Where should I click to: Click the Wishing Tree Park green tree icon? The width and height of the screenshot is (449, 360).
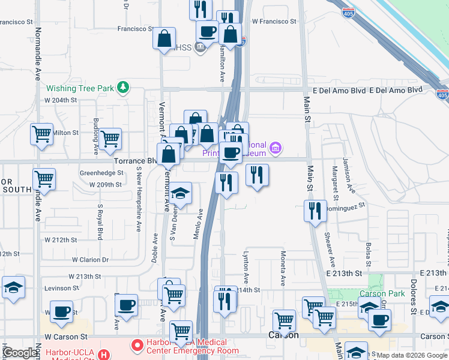coord(123,88)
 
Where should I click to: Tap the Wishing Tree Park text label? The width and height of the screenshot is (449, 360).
coord(80,88)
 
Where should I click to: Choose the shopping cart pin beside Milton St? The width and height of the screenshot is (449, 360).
coord(41,134)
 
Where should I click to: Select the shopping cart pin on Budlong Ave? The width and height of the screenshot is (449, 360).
coord(110,139)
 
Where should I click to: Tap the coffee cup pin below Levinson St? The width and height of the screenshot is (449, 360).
coord(61,311)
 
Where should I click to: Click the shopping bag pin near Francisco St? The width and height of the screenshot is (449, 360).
coord(164,40)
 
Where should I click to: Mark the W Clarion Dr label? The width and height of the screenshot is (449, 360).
coord(90,260)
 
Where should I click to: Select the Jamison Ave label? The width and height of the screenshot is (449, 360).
coord(349,175)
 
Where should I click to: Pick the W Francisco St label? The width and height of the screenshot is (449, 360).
coord(274,21)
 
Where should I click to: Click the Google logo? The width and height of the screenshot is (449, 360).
coord(20,353)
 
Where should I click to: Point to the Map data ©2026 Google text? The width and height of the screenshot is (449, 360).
coord(412,355)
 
